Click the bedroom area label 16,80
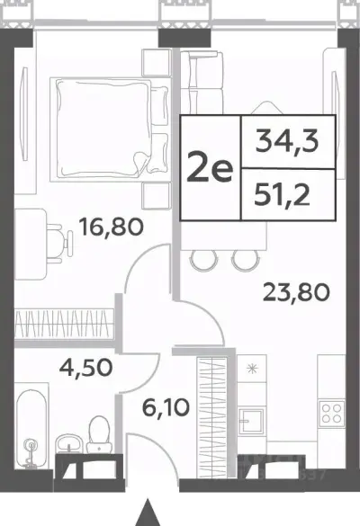click(x=111, y=227)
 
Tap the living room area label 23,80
click(x=296, y=292)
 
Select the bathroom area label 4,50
click(x=85, y=368)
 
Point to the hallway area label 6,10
click(x=166, y=407)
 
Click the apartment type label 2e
click(x=210, y=168)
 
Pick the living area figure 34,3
click(x=286, y=142)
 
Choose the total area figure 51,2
click(x=282, y=196)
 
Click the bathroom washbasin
click(x=68, y=443)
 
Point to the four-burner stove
click(x=332, y=413)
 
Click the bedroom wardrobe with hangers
click(x=64, y=324)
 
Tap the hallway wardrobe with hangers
click(x=212, y=416)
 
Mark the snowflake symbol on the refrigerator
click(x=251, y=369)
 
